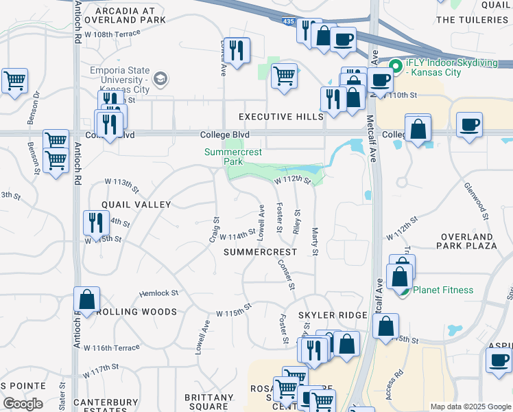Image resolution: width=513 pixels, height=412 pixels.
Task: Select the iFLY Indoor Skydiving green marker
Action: click(x=395, y=67)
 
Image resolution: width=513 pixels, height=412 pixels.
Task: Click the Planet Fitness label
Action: click(x=443, y=290)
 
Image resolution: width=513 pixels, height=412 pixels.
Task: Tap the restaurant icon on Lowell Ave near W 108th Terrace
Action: click(x=237, y=50)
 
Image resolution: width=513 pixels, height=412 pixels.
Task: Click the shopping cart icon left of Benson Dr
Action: click(x=14, y=81)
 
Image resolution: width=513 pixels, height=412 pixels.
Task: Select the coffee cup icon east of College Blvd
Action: click(x=469, y=125)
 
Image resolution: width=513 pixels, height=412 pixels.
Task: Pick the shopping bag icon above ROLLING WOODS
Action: click(x=87, y=299)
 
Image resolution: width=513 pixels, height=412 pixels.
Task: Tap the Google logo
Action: click(x=23, y=404)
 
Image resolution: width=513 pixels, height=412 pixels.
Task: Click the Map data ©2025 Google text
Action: click(x=469, y=407)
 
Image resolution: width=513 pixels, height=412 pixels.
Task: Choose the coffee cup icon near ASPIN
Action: click(x=499, y=360)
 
